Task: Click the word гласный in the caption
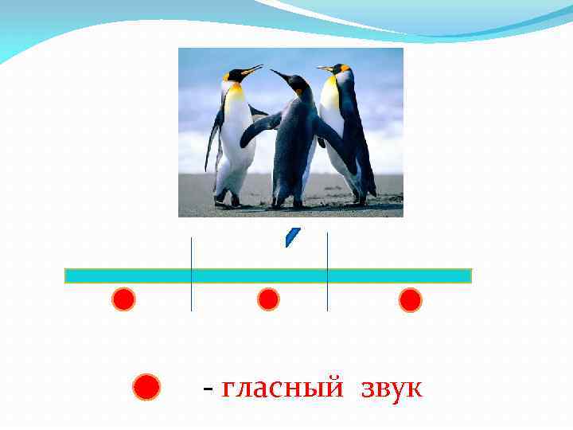tap(283, 389)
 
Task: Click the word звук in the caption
tap(392, 389)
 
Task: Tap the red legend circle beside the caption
tap(147, 388)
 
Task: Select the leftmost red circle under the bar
tap(123, 299)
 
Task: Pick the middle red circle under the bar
tap(269, 299)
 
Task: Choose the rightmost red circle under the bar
tap(410, 300)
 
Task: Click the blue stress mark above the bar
tap(292, 237)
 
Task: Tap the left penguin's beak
tap(252, 71)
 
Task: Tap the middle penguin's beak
tap(279, 75)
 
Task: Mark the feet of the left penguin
tap(228, 201)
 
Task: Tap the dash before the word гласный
tap(208, 390)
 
